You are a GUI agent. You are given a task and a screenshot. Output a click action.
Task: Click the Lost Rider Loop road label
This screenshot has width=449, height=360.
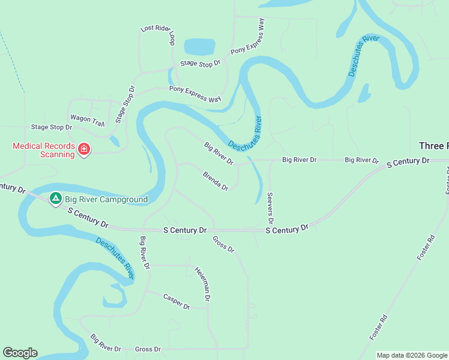click(157, 36)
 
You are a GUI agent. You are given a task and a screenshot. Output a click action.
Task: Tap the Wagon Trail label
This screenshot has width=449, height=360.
click(88, 120)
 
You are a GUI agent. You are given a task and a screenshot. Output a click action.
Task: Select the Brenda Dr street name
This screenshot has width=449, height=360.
click(215, 181)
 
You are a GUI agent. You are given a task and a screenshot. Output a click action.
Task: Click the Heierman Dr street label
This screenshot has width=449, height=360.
click(202, 283)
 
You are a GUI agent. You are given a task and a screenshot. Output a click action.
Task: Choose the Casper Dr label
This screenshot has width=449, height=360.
click(176, 302)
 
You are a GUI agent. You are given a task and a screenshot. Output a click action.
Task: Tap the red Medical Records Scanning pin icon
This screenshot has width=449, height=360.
click(84, 149)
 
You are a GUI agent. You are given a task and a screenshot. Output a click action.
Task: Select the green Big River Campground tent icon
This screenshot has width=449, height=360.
click(56, 197)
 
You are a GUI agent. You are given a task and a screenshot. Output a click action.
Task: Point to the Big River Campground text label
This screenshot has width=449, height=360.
click(106, 199)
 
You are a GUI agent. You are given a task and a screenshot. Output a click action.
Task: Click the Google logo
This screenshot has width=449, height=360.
click(20, 353)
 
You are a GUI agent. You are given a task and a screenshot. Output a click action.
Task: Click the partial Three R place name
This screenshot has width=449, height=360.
click(433, 146)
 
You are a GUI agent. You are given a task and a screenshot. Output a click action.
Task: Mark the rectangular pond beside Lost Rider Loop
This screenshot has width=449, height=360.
click(199, 46)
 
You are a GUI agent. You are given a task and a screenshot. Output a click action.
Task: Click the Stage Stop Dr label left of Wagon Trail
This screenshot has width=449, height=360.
click(52, 127)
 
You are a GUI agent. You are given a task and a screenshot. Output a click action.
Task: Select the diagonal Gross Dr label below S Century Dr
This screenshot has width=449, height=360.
click(223, 244)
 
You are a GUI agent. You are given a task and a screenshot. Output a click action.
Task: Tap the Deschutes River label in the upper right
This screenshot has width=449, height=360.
click(364, 56)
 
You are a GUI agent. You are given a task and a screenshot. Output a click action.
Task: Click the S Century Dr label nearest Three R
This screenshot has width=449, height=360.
click(408, 162)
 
